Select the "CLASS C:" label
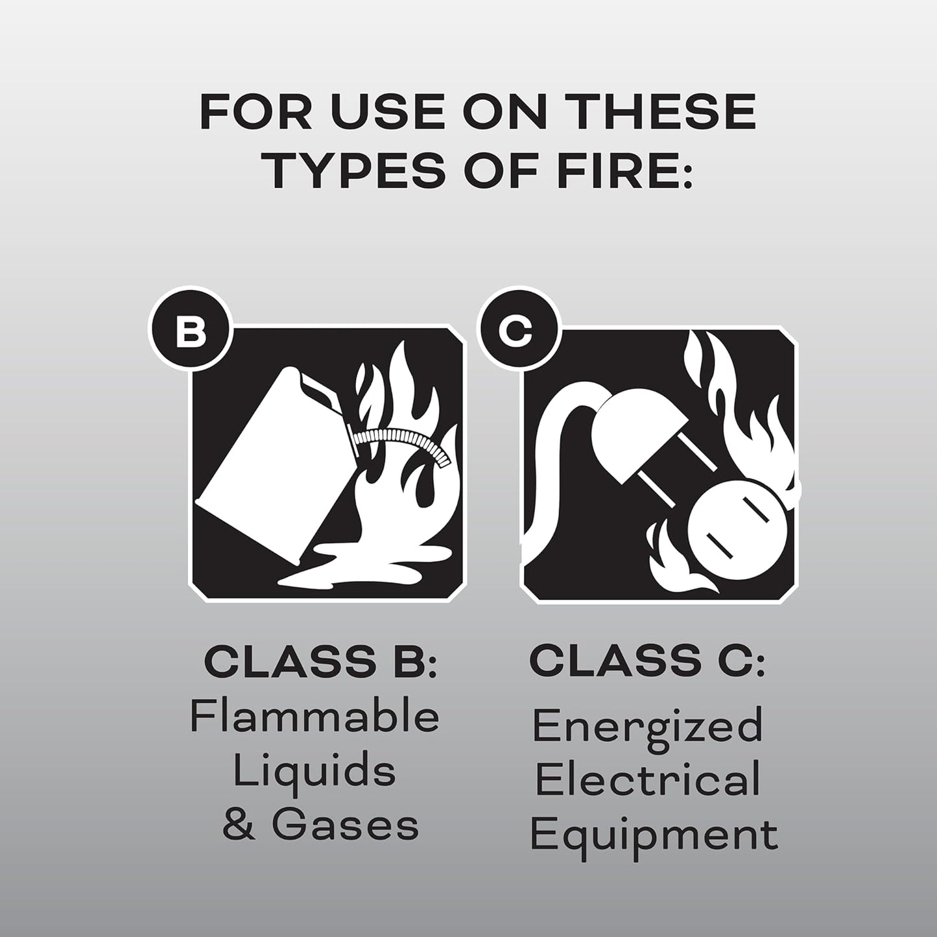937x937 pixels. (647, 661)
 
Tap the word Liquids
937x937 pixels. (314, 772)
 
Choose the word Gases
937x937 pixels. (345, 825)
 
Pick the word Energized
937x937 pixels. (647, 726)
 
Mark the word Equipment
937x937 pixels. (654, 835)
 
